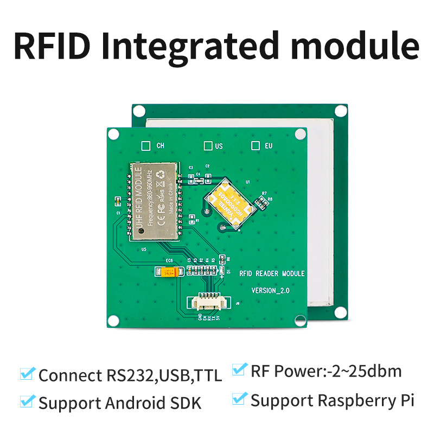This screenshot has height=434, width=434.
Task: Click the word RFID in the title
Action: [52, 46]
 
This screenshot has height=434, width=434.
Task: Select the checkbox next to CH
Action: [145, 145]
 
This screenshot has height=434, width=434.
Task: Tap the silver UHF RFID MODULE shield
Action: [154, 201]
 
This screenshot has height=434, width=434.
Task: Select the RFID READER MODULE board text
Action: [272, 274]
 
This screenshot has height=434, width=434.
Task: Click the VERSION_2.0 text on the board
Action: [271, 291]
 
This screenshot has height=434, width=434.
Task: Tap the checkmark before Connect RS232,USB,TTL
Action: [27, 374]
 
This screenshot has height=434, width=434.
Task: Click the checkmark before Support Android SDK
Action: [27, 401]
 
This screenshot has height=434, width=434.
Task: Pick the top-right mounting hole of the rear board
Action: [341, 111]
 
